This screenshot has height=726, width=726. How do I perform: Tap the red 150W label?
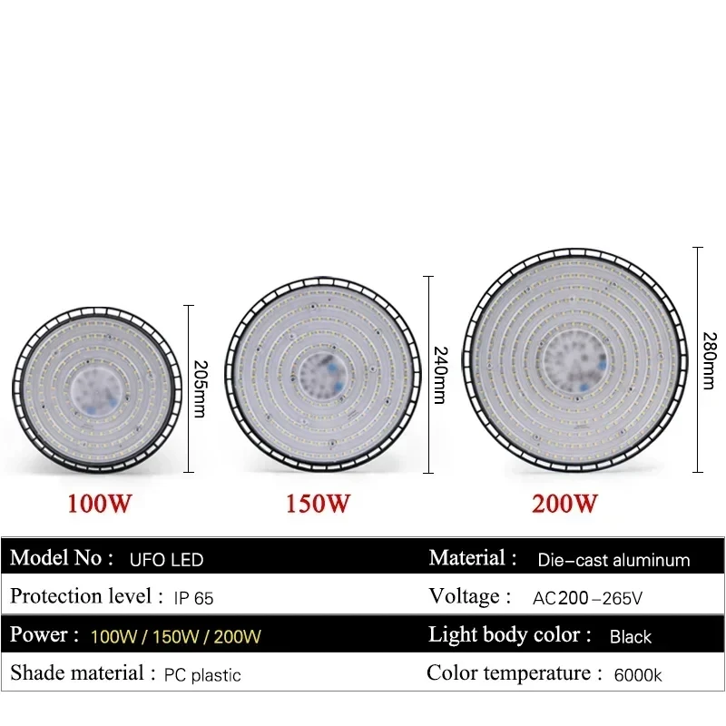pyautogui.click(x=319, y=503)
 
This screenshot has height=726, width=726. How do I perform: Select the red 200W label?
pyautogui.click(x=564, y=503)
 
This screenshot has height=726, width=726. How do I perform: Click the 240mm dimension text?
pyautogui.click(x=439, y=374)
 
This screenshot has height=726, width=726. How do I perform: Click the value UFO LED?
pyautogui.click(x=166, y=560)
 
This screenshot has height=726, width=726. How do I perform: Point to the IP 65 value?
pyautogui.click(x=192, y=598)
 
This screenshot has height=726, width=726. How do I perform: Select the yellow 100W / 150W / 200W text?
pyautogui.click(x=176, y=636)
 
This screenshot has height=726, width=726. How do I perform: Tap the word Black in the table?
pyautogui.click(x=630, y=636)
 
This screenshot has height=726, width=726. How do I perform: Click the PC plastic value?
pyautogui.click(x=202, y=674)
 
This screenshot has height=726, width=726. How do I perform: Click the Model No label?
pyautogui.click(x=62, y=558)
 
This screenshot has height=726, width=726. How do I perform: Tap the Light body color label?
pyautogui.click(x=509, y=635)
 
